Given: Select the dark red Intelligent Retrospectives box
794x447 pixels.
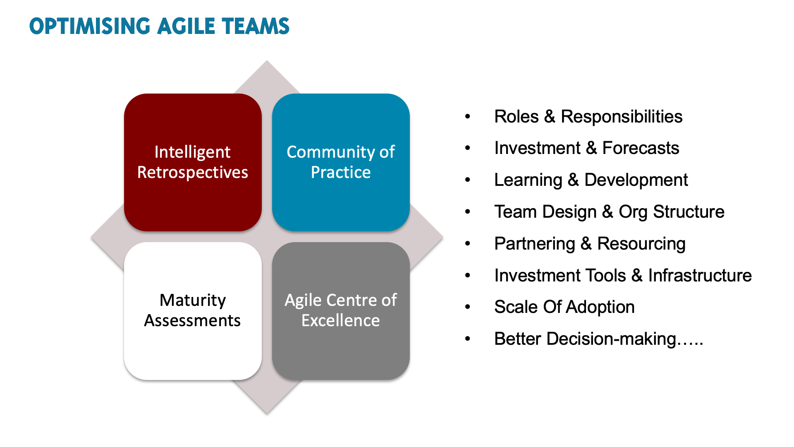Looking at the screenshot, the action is point(193,162).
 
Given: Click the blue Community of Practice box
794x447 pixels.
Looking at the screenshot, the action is point(341,162).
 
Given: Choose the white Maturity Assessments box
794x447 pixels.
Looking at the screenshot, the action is point(193,311).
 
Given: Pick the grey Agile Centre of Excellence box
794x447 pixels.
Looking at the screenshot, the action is point(341,311).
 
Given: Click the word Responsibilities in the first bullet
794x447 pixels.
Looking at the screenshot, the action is point(622,117).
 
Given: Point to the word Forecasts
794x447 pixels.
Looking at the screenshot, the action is point(641,148).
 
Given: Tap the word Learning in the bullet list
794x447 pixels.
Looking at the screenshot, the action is point(528,180).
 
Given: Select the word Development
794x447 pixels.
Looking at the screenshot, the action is point(636,180).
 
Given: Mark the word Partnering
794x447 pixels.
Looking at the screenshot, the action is point(535,244).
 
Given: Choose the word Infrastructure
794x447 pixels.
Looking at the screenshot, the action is point(700,276).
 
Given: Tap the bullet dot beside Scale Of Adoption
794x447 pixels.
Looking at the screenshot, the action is point(468,307).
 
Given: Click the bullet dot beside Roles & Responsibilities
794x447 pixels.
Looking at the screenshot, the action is point(468,116).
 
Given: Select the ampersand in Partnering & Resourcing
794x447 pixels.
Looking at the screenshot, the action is point(586,244).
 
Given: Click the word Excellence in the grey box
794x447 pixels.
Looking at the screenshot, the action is point(341,321).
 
